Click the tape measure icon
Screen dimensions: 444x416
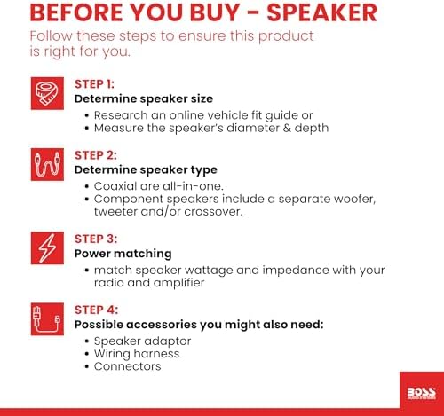pos(47,93)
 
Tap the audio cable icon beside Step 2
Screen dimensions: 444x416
pos(47,164)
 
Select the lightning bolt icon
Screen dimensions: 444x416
pos(47,247)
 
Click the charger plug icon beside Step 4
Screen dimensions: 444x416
pos(47,319)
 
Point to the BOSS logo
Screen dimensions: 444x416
pos(422,393)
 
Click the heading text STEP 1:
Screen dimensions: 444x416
pos(94,84)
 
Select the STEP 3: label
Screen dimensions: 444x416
pos(96,239)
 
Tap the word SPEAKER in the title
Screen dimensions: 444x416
pos(321,12)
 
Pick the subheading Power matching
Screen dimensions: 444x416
pos(123,254)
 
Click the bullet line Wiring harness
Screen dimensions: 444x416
pos(137,354)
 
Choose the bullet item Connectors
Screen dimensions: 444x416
pos(128,366)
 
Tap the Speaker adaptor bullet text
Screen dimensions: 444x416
pos(142,341)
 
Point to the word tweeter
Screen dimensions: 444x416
pos(115,212)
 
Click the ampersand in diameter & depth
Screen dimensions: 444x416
pos(287,129)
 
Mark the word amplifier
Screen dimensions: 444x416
pos(178,283)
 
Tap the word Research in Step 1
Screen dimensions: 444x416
pos(121,115)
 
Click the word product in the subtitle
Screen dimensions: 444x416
pos(286,36)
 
